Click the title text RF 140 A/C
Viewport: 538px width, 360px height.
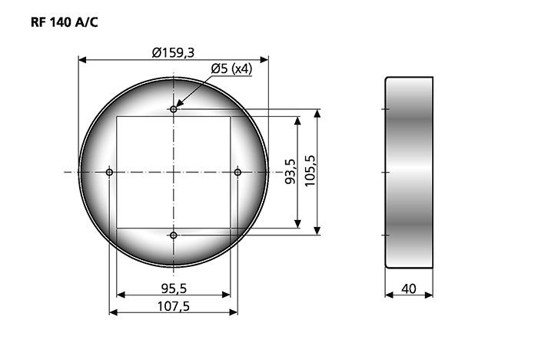[64, 22]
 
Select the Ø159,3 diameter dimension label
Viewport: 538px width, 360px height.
[173, 52]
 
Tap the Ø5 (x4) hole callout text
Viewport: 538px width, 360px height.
[232, 69]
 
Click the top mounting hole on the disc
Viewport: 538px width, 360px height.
[174, 109]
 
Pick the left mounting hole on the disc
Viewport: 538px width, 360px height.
[109, 172]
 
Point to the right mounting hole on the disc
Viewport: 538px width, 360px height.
[237, 172]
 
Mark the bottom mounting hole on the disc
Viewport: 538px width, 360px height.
[174, 235]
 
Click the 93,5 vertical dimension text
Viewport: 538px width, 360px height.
[291, 172]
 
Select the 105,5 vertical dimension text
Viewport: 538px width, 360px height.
[310, 172]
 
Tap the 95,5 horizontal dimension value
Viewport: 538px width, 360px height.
[174, 288]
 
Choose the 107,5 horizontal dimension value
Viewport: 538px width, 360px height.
[174, 307]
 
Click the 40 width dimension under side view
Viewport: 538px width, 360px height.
[409, 289]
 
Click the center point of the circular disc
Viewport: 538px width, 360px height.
[174, 172]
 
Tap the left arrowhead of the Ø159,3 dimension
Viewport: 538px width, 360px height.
[82, 58]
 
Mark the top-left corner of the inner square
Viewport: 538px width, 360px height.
[117, 117]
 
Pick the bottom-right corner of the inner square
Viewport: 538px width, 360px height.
[231, 228]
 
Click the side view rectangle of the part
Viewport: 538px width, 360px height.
[409, 172]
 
